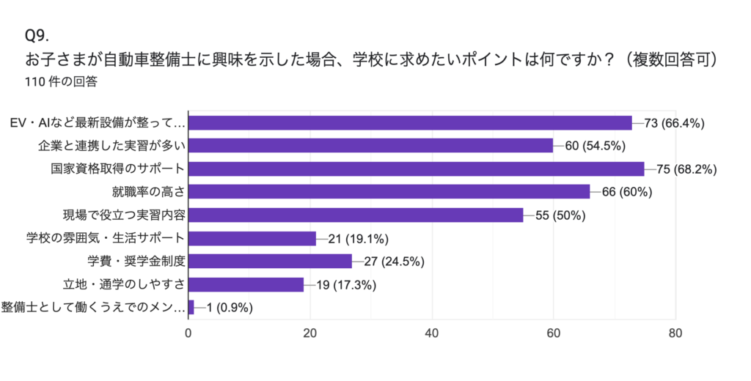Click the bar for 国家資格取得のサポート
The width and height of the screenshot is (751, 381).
(x=416, y=169)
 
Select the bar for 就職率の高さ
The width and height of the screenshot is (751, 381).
(x=389, y=192)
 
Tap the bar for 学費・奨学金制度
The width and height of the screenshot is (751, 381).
(x=270, y=262)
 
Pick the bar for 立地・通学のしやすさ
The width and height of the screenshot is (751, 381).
(x=246, y=284)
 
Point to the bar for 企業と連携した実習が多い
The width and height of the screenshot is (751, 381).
(x=370, y=146)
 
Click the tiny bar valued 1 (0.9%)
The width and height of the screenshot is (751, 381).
(x=191, y=308)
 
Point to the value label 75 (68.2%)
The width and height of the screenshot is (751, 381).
(x=686, y=169)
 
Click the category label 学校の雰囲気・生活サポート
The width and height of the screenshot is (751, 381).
(x=104, y=238)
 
